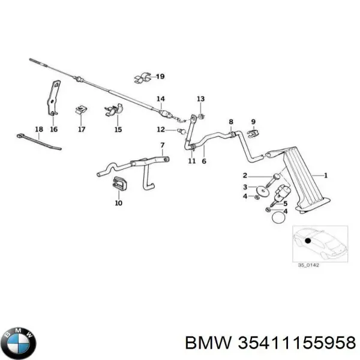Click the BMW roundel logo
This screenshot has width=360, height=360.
coord(19,343)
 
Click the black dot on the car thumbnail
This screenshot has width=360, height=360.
coord(308,241)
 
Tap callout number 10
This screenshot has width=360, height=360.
coord(118,203)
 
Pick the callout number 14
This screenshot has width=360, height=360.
coord(160,99)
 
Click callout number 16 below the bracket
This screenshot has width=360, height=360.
coord(53,129)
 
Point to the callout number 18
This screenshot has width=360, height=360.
coord(39,129)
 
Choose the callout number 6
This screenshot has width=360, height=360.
coord(203,161)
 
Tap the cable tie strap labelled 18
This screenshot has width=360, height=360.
coord(38,143)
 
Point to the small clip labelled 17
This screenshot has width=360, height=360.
coord(79,110)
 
